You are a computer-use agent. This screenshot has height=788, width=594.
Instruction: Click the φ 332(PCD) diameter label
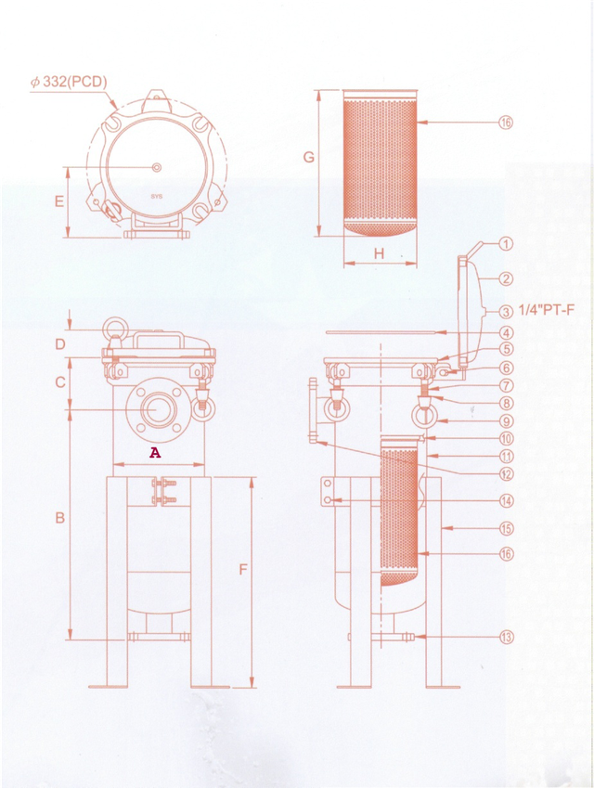pyautogui.click(x=69, y=82)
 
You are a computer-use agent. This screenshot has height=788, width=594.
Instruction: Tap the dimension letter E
pyautogui.click(x=58, y=200)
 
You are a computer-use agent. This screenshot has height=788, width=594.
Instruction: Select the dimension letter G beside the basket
pyautogui.click(x=309, y=158)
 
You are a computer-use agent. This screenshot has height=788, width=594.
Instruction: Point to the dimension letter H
pyautogui.click(x=379, y=253)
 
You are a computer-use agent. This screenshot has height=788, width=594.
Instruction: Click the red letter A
pyautogui.click(x=156, y=453)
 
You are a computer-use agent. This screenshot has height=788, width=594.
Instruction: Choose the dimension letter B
pyautogui.click(x=59, y=517)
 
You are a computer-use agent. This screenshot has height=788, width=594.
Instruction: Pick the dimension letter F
pyautogui.click(x=243, y=569)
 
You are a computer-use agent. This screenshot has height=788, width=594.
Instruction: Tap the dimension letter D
pyautogui.click(x=59, y=345)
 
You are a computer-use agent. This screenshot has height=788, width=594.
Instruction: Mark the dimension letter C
pyautogui.click(x=59, y=381)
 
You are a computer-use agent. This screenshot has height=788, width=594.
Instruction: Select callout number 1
pyautogui.click(x=507, y=244)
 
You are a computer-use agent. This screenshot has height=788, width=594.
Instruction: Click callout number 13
pyautogui.click(x=507, y=637)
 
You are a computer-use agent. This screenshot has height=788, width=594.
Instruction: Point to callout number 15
pyautogui.click(x=507, y=528)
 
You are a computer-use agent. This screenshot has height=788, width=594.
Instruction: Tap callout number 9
pyautogui.click(x=507, y=421)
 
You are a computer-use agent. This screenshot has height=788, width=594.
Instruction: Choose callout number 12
pyautogui.click(x=507, y=473)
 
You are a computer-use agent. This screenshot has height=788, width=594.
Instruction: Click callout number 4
pyautogui.click(x=507, y=332)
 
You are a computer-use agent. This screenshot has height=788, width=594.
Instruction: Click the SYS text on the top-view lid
pyautogui.click(x=156, y=196)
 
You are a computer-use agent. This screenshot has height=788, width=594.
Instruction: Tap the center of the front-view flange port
pyautogui.click(x=155, y=409)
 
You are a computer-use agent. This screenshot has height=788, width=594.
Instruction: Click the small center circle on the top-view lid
pyautogui.click(x=155, y=167)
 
